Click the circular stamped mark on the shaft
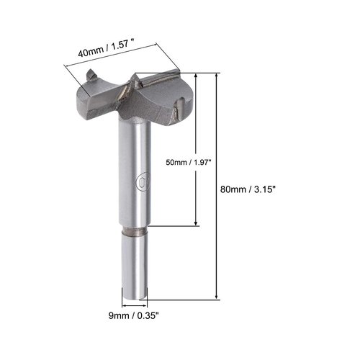tap(140, 181)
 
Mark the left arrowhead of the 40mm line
tap(66, 66)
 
